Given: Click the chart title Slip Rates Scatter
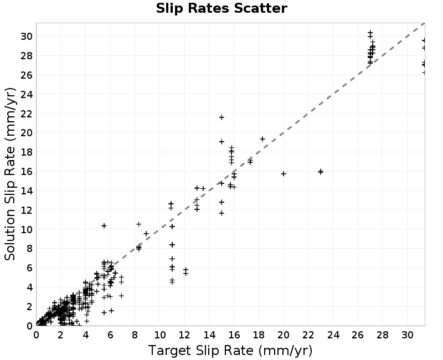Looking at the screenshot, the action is (x=221, y=8).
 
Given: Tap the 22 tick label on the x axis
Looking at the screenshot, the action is (x=308, y=335).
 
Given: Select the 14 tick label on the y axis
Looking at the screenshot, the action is (x=27, y=191).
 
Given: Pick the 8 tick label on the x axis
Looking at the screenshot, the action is (x=135, y=335).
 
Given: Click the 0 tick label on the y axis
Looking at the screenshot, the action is (x=30, y=326).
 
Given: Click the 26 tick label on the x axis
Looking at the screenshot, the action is (x=358, y=335).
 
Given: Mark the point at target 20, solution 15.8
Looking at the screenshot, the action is (x=284, y=173).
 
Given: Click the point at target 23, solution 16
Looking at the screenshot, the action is (x=321, y=172).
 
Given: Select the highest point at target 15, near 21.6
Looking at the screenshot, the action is (x=222, y=117).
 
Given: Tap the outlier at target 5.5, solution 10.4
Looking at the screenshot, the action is (x=104, y=225).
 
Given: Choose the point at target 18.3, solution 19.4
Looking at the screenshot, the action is (x=262, y=139).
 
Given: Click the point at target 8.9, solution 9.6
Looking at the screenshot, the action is (x=146, y=233).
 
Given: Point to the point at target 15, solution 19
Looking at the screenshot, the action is (x=222, y=142).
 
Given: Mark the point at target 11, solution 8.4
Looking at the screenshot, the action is (x=172, y=245).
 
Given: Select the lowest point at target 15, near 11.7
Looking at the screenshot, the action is (x=222, y=213).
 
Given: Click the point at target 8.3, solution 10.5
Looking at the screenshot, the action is (x=139, y=224).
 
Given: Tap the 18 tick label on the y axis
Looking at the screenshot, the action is (x=27, y=152).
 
